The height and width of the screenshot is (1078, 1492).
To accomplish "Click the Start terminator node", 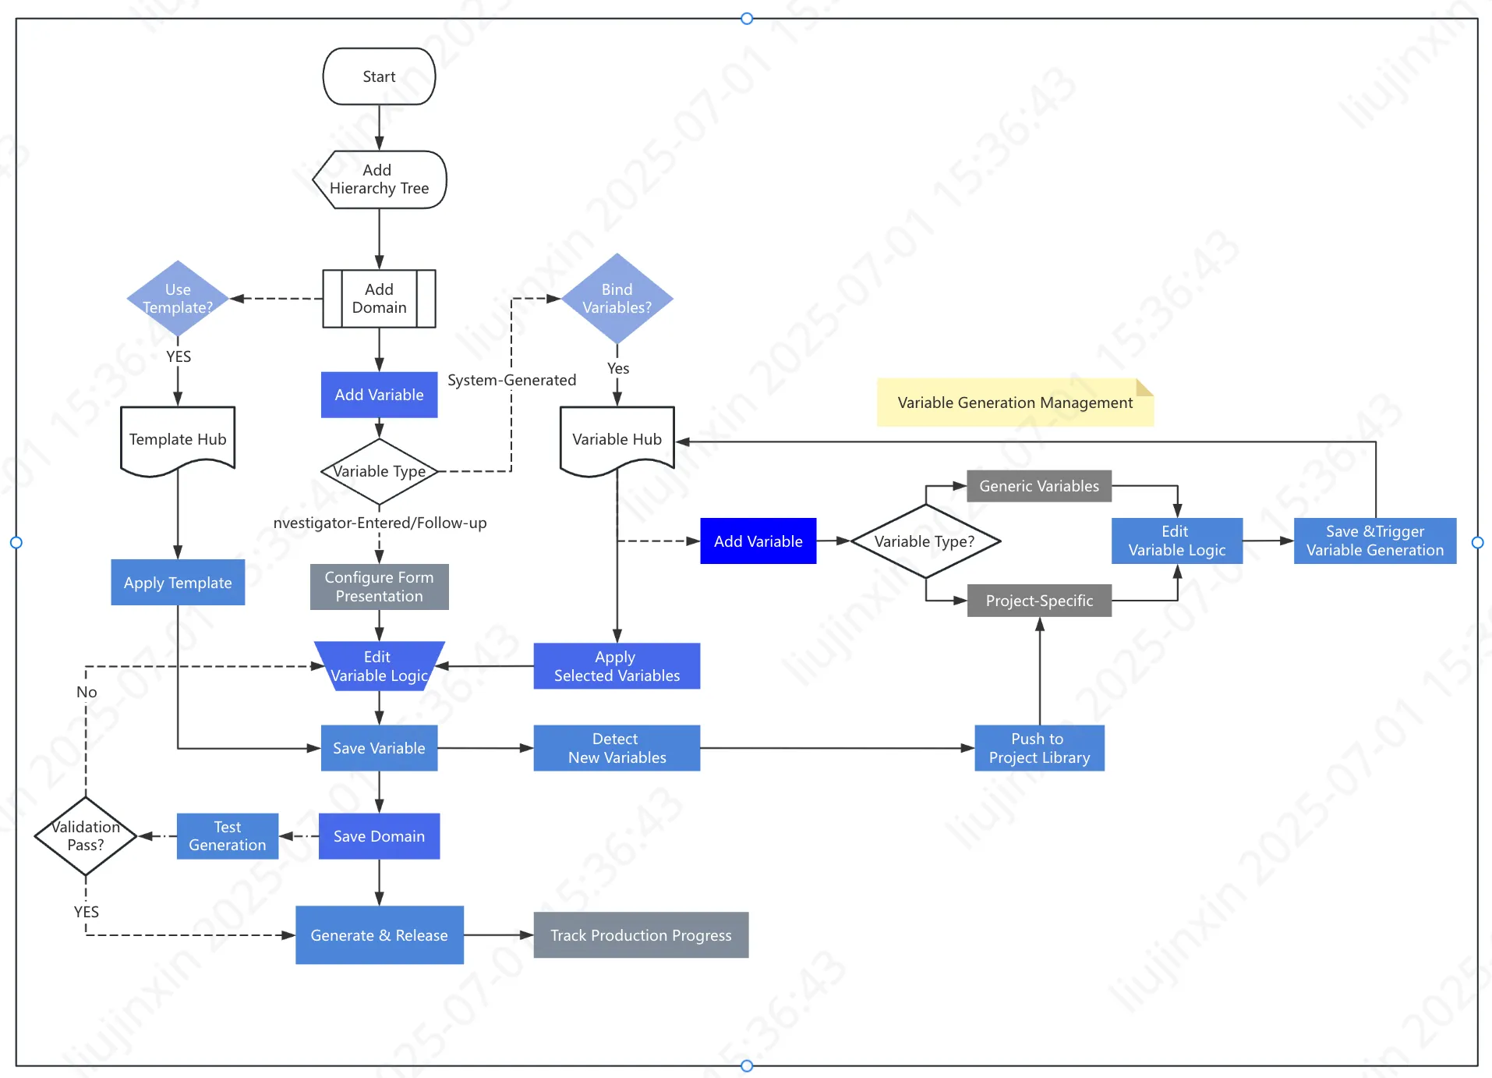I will point(379,76).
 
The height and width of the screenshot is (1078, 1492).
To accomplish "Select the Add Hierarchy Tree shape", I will point(379,179).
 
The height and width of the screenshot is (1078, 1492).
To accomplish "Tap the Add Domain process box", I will point(379,299).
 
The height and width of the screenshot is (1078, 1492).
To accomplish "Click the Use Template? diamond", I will point(178,299).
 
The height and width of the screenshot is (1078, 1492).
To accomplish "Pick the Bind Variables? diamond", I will point(617,299).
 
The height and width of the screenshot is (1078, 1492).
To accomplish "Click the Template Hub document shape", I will point(178,439).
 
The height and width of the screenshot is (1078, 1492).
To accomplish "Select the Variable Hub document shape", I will point(617,439).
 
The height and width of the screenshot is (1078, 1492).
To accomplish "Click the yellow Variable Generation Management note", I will point(1014,402).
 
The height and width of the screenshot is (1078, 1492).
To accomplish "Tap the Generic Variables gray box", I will point(1038,486).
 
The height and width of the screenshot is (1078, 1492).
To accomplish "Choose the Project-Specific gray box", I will point(1038,601).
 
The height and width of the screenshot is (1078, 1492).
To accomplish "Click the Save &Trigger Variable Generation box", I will point(1374,541).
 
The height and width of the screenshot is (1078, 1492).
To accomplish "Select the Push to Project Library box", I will point(1038,748).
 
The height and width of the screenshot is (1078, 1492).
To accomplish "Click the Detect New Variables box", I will point(617,748).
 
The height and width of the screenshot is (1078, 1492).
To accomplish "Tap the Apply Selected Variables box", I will point(617,666).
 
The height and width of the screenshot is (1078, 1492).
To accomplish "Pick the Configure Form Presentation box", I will point(379,587).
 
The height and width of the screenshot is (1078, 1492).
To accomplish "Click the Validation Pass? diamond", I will point(86,836).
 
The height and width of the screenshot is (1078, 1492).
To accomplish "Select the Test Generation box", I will point(227,836).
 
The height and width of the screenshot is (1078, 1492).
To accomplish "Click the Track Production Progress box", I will point(641,935).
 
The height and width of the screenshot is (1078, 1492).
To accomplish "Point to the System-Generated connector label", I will point(511,380).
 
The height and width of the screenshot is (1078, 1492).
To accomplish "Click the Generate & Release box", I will point(379,935).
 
